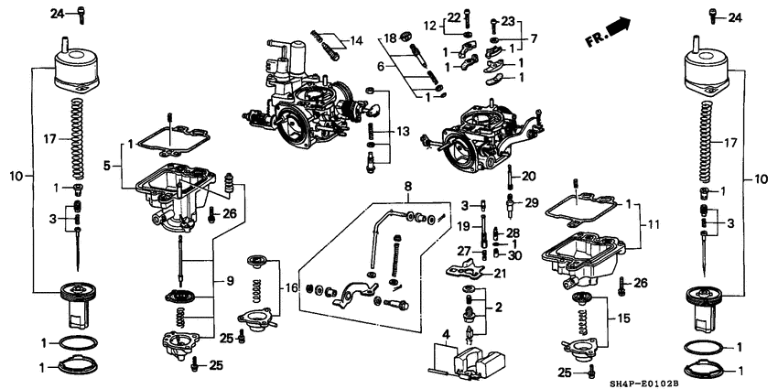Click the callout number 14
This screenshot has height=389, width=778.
click(356, 40)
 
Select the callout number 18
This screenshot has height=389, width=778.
click(389, 38)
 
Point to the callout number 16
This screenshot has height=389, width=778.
click(291, 287)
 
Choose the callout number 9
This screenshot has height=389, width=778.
click(379, 66)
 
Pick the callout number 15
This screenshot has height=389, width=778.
click(625, 318)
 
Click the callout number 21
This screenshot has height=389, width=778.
click(500, 273)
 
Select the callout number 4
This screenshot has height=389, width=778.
click(447, 334)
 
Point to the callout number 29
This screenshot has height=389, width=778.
click(530, 201)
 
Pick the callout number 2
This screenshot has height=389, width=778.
click(500, 308)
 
